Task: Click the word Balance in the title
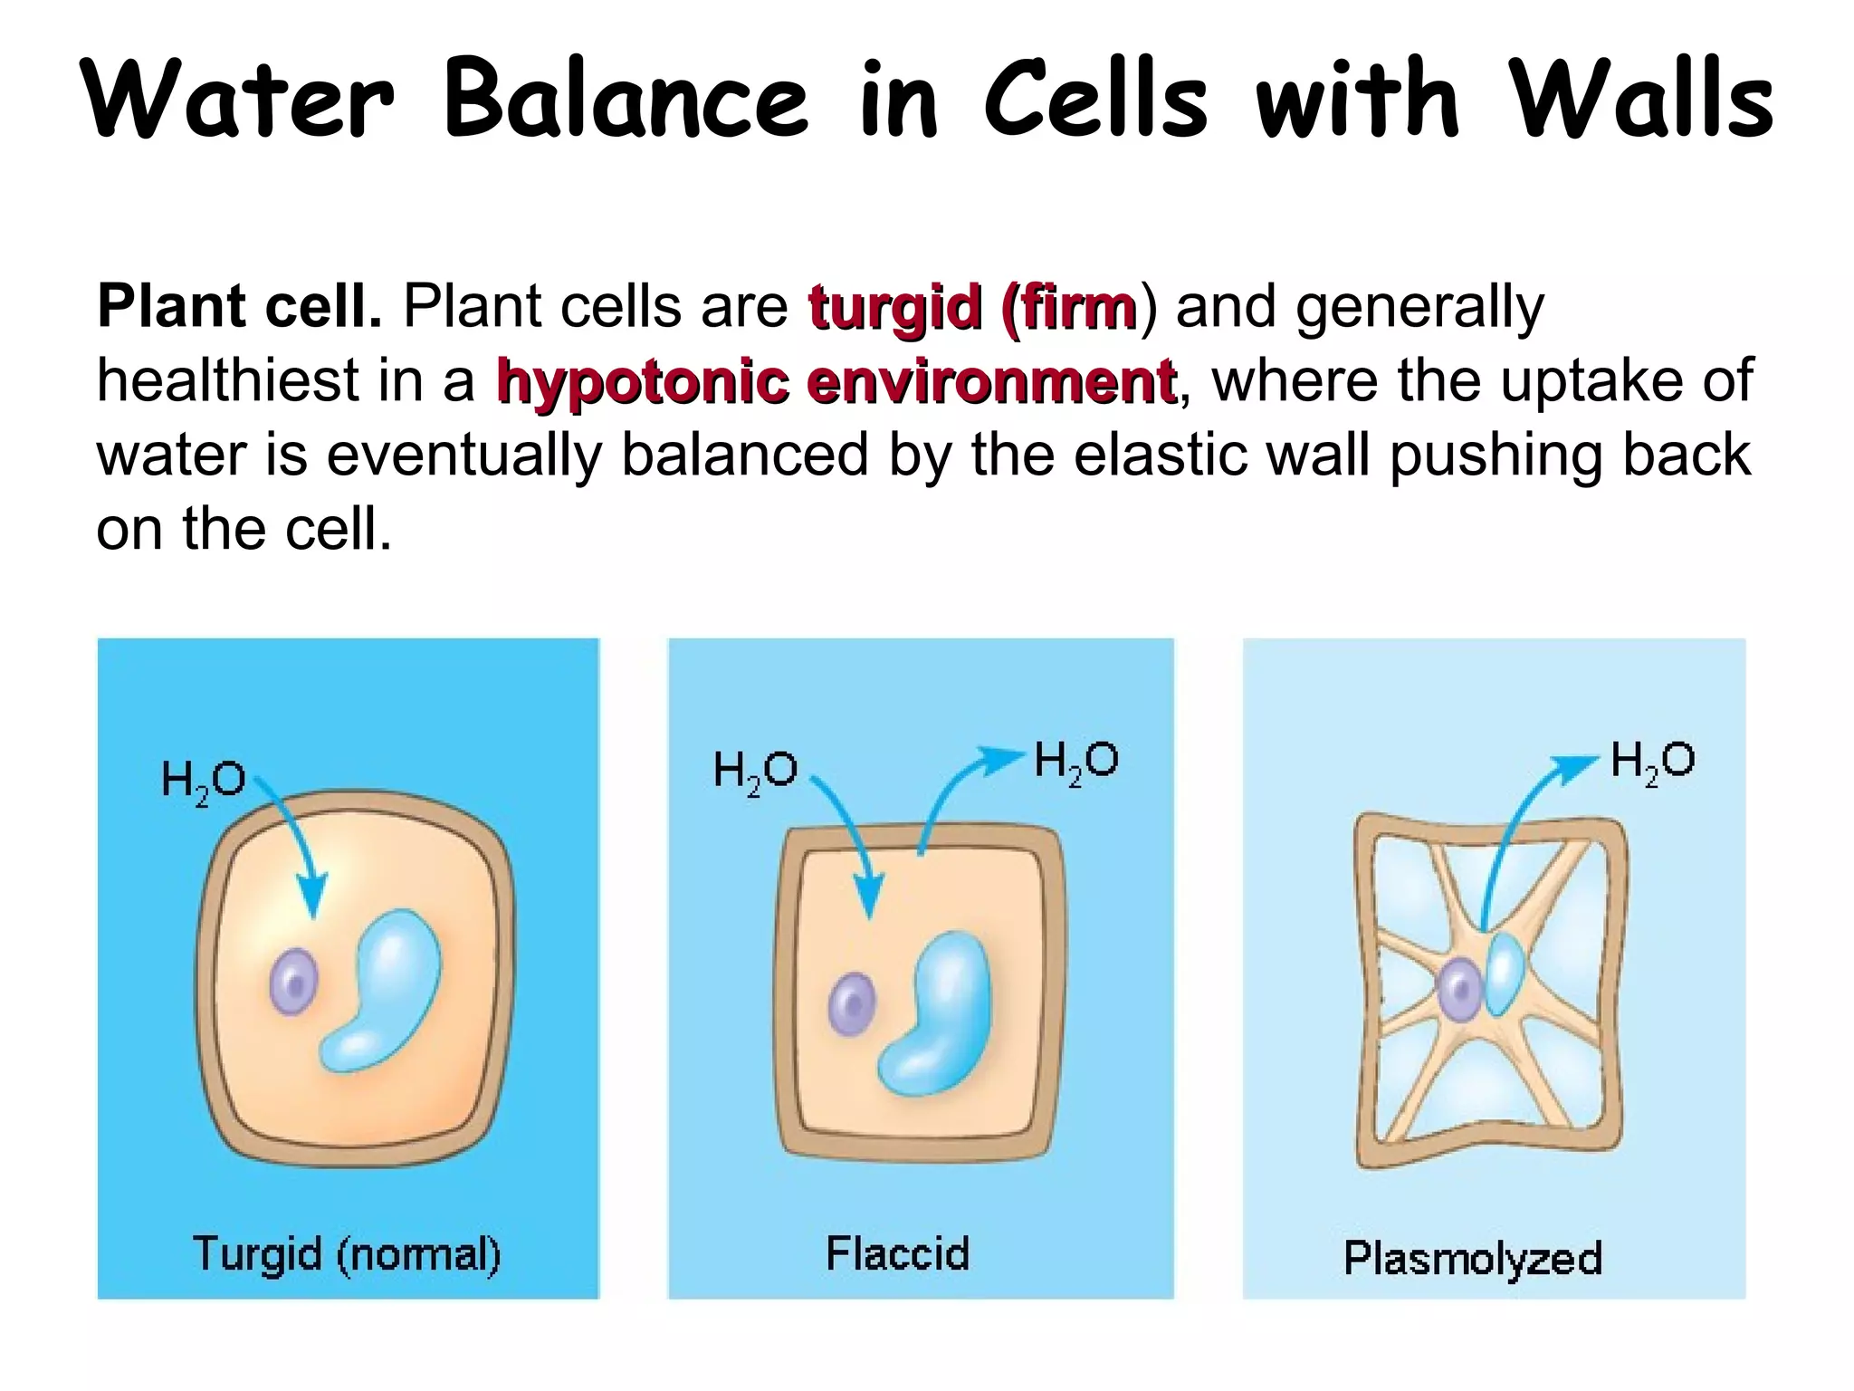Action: pos(625,100)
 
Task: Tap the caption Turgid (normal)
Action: pos(347,1255)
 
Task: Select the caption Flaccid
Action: pos(897,1255)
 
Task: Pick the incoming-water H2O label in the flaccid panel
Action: pos(755,772)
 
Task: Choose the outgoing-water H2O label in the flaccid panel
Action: pos(1075,761)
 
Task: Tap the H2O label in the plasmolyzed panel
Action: pos(1652,761)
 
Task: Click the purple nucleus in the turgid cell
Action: pos(294,982)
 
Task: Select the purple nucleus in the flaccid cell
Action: pos(852,1003)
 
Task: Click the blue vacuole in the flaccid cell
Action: pos(941,1014)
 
